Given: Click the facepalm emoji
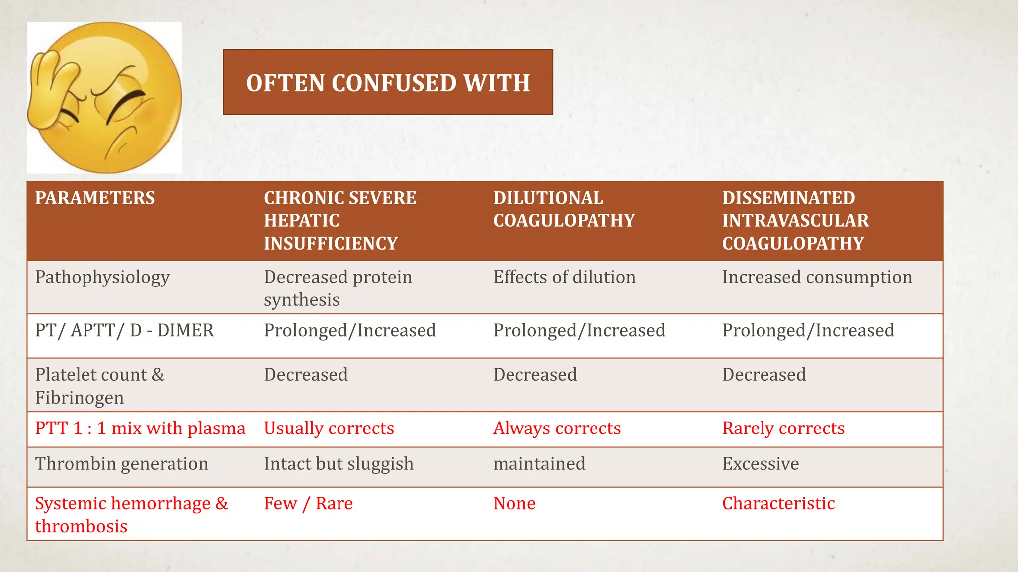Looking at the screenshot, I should click(104, 97).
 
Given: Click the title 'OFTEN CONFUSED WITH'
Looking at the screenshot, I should click(388, 82).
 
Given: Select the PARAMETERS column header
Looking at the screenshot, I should click(95, 198).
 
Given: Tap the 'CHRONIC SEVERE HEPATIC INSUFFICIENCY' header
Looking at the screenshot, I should click(340, 220).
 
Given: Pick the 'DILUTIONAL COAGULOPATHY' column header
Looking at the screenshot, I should click(564, 209).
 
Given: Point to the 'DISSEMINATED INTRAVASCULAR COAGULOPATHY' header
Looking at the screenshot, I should click(795, 220).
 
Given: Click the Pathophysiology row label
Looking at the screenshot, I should click(102, 277).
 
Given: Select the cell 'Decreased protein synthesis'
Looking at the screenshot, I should click(338, 288).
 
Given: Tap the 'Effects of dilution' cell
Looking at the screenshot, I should click(564, 277).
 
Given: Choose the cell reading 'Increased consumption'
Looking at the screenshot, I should click(817, 277).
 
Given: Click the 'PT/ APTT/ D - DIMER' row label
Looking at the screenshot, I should click(124, 330).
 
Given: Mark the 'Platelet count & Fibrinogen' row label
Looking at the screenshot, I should click(99, 386).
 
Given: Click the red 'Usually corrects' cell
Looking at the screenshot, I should click(329, 428).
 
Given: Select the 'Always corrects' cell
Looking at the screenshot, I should click(557, 428).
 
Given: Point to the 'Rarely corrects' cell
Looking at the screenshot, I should click(783, 428).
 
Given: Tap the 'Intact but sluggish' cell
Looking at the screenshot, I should click(339, 464).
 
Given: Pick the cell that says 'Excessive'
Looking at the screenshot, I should click(761, 464).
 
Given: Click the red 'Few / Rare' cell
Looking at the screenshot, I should click(308, 503).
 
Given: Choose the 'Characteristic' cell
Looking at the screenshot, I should click(778, 503).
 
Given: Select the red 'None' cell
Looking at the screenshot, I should click(514, 503).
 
